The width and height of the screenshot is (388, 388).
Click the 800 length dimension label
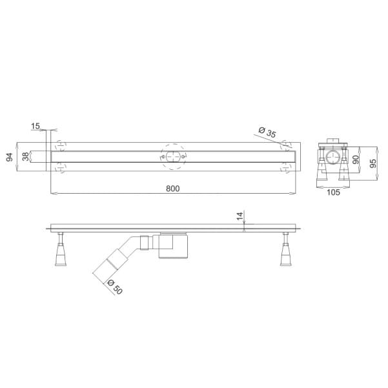click(x=173, y=189)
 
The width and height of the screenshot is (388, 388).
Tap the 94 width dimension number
click(x=10, y=157)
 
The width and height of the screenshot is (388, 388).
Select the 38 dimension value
click(x=25, y=157)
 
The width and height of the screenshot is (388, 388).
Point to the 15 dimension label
click(x=36, y=126)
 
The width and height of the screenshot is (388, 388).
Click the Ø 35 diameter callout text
click(x=267, y=132)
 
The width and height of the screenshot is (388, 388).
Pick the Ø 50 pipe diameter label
click(x=115, y=287)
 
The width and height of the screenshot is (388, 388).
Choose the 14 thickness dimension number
click(x=240, y=216)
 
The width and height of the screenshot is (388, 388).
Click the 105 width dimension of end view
click(x=333, y=192)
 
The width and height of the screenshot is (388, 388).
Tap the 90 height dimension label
click(x=356, y=159)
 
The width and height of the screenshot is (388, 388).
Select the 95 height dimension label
click(x=373, y=163)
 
